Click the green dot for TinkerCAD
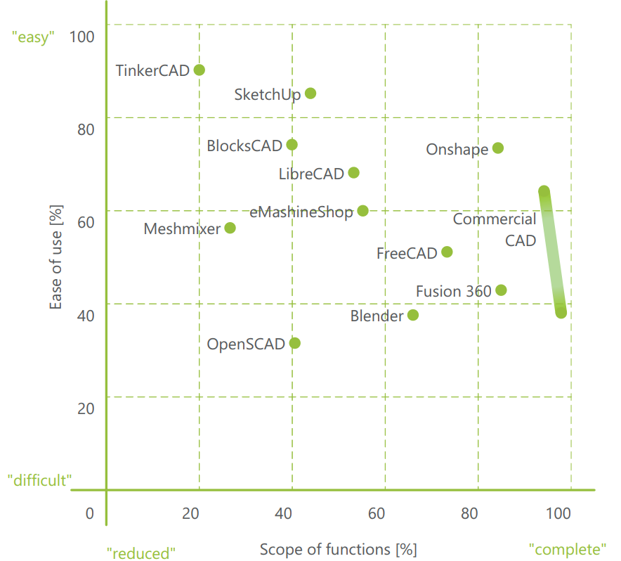(x=200, y=70)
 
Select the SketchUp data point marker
(x=310, y=93)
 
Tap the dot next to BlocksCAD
(x=292, y=145)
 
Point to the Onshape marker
(x=498, y=148)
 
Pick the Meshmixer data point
(x=230, y=228)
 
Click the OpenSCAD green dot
(x=295, y=343)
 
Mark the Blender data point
(x=413, y=315)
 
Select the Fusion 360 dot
(x=501, y=290)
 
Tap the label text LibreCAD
(x=311, y=174)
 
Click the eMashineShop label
(x=301, y=212)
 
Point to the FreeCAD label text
(x=407, y=253)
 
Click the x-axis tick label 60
(x=377, y=513)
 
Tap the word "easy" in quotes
(x=33, y=37)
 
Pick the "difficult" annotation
(x=40, y=481)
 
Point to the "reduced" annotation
(x=140, y=553)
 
